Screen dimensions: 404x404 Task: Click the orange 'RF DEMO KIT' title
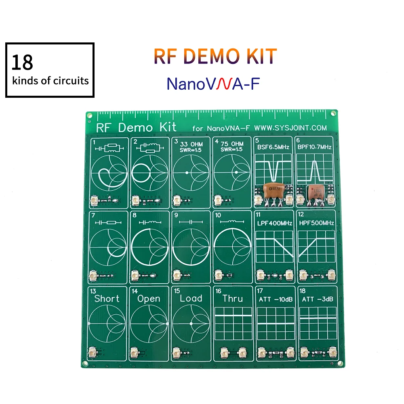[215, 57]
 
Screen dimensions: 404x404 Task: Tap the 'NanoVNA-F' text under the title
[213, 84]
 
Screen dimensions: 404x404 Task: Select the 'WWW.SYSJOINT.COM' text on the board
[290, 128]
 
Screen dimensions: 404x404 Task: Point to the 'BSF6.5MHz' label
[274, 147]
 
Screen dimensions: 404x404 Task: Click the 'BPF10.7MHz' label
[314, 147]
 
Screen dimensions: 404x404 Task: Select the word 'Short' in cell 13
[107, 299]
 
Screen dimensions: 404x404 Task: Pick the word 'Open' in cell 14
[149, 299]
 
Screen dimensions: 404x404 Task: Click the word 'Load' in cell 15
[191, 299]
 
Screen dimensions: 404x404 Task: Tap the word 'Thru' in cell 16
[233, 299]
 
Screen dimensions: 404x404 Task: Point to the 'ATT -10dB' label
[275, 300]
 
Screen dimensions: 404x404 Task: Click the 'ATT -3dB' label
[317, 300]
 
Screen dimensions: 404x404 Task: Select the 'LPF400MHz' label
[275, 223]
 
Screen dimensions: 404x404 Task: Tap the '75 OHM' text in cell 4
[232, 144]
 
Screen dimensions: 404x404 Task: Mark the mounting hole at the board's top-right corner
[333, 114]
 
